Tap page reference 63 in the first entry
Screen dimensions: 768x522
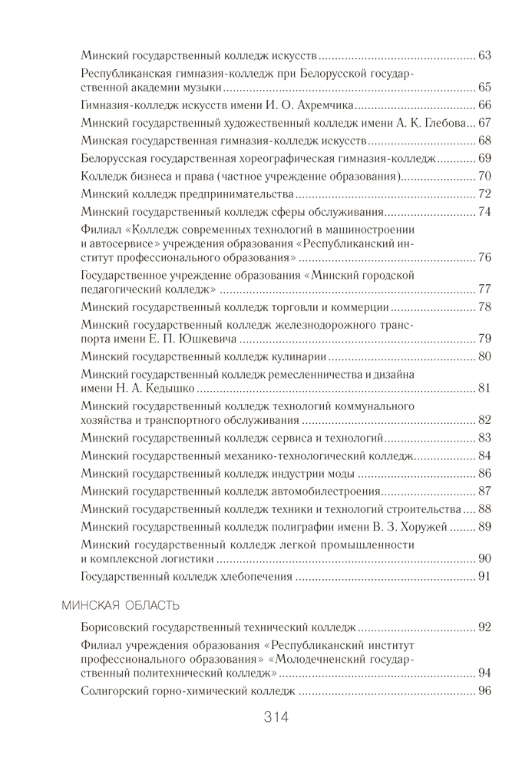[x=484, y=56]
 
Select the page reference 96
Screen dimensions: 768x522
[x=484, y=691]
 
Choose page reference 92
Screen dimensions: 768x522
[x=484, y=627]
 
